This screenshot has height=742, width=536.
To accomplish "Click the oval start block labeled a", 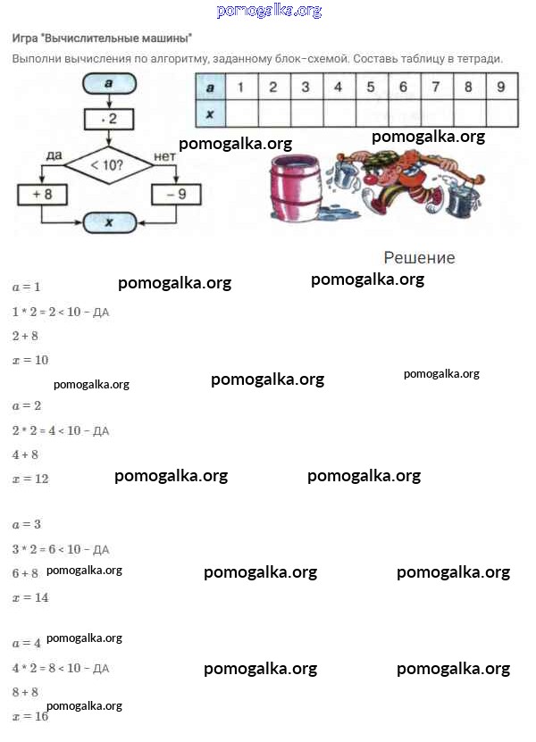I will (x=108, y=83).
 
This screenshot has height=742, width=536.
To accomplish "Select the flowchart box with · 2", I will (x=108, y=118).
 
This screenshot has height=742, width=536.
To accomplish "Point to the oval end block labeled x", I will (x=108, y=222).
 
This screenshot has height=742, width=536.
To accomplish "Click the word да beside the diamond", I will (x=54, y=156).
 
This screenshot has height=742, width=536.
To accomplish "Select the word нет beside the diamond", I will (x=165, y=156).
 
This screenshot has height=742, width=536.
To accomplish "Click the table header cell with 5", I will (x=371, y=87).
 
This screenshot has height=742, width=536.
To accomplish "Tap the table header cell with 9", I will (x=501, y=87).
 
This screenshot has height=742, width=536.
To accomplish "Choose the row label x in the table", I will (x=210, y=113).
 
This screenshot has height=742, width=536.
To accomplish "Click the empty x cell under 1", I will (x=240, y=113).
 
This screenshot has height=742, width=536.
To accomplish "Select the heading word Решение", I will (x=419, y=258).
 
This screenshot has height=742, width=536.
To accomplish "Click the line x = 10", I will (x=30, y=360).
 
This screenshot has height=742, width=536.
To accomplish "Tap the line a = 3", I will (x=27, y=524).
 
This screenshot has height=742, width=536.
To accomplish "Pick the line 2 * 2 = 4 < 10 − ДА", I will (x=61, y=430).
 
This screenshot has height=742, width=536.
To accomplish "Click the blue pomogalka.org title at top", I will (x=269, y=11).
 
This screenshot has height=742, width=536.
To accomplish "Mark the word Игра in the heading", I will (x=24, y=39).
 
